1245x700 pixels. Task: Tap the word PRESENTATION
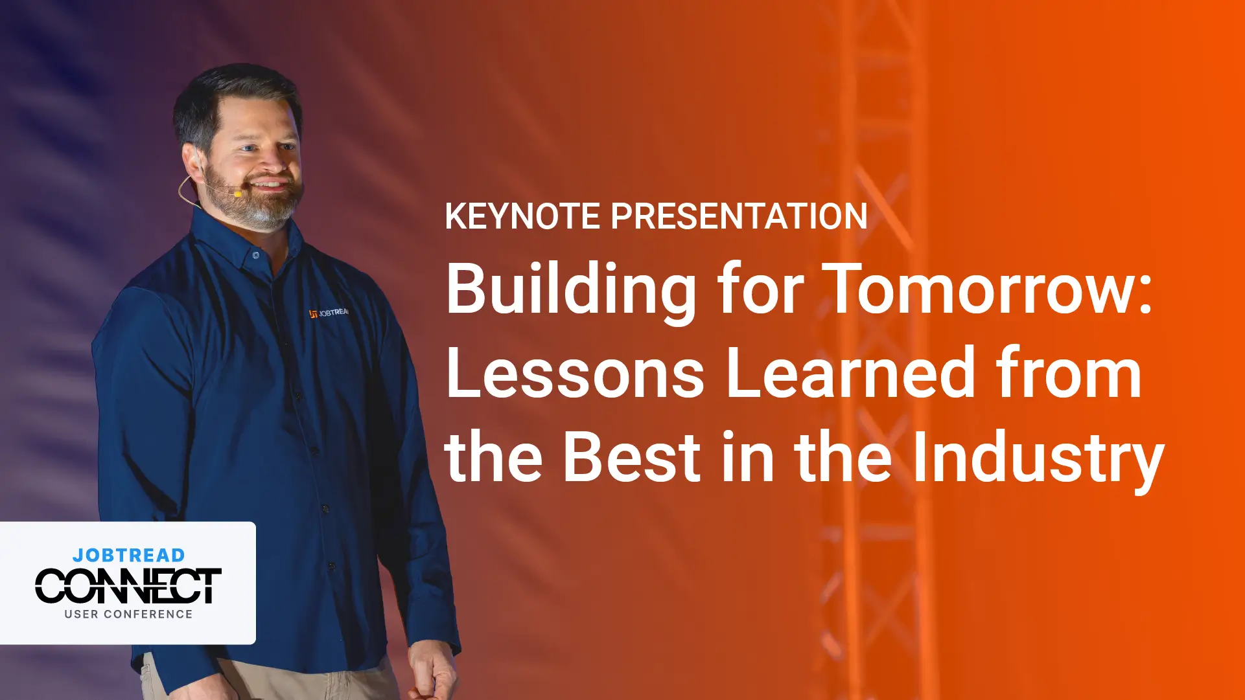(x=739, y=216)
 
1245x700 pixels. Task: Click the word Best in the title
(x=632, y=457)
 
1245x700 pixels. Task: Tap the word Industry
(x=1038, y=460)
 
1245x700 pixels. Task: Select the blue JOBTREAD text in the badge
(x=129, y=556)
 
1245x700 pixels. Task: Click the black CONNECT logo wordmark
(x=128, y=586)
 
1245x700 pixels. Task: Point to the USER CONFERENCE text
(x=128, y=614)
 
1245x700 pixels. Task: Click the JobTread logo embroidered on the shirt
(x=329, y=313)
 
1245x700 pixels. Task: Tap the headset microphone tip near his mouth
(x=238, y=193)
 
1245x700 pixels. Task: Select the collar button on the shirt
(x=256, y=256)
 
